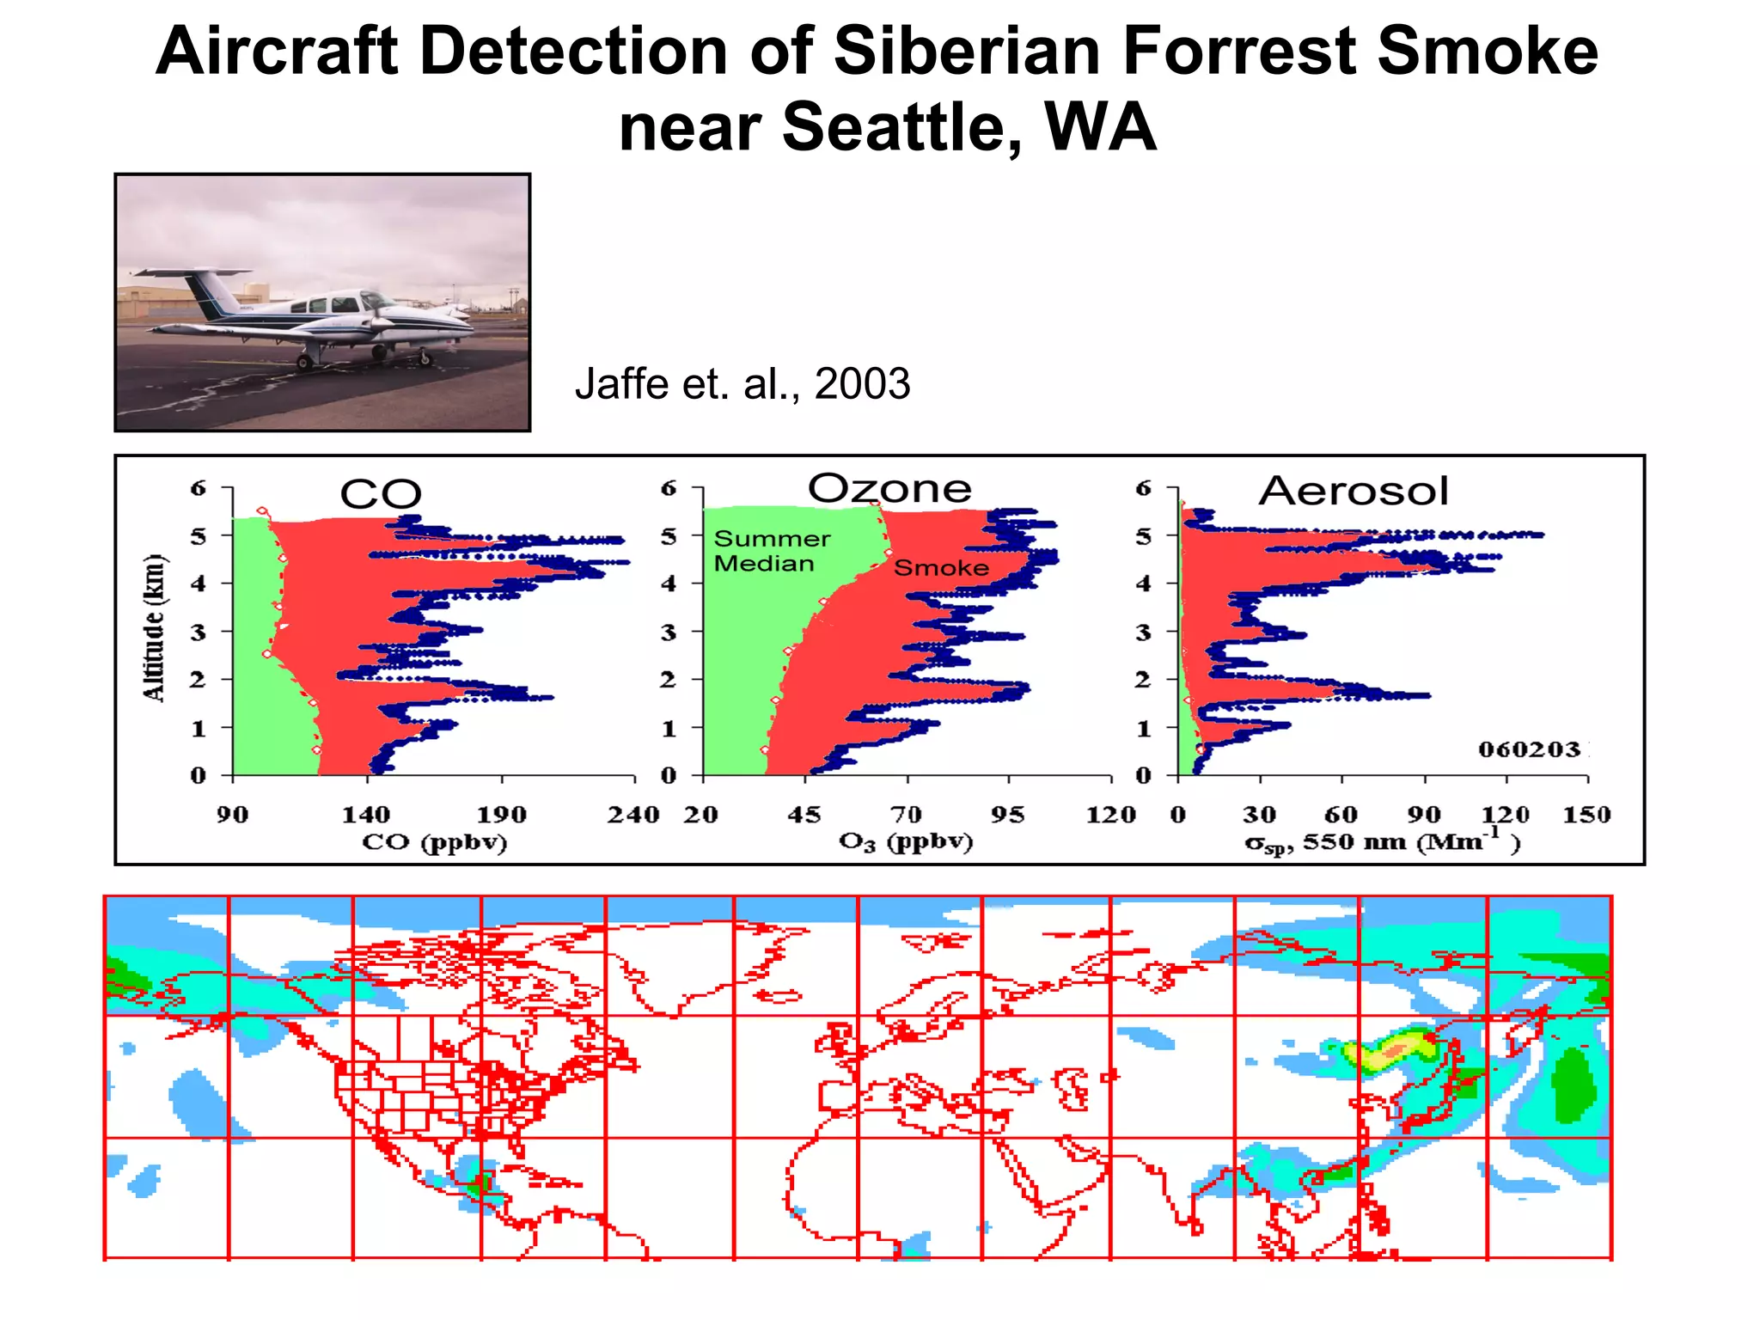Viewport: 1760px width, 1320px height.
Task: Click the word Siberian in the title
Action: [x=967, y=52]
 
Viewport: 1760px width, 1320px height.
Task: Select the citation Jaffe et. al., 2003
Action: [x=742, y=383]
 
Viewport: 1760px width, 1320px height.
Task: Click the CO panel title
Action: [x=381, y=494]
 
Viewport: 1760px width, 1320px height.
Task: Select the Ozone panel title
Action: [x=889, y=488]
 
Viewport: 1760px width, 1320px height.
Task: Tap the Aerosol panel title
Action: [x=1354, y=491]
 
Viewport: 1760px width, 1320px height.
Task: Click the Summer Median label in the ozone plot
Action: [x=771, y=551]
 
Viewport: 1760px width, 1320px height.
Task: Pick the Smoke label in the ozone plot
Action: [x=941, y=568]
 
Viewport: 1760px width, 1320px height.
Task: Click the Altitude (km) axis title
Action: [x=154, y=628]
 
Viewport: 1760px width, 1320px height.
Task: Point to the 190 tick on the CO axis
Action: [x=501, y=814]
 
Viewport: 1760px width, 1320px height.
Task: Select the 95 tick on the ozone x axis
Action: [x=1007, y=814]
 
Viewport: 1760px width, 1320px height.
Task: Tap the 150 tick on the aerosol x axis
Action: [x=1586, y=814]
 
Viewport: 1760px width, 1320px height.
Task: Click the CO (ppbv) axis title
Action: [x=434, y=841]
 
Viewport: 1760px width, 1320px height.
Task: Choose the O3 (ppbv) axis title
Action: [x=905, y=841]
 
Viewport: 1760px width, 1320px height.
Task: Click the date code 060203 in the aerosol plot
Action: [x=1529, y=749]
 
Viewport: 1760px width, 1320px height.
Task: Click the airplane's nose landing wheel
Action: [x=425, y=357]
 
